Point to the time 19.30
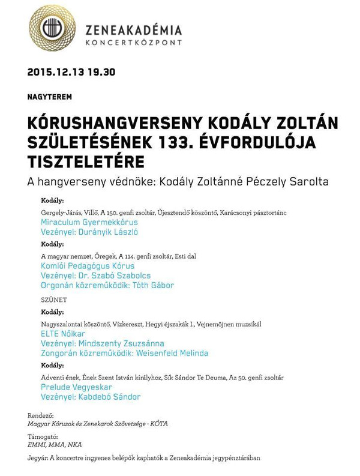pyautogui.click(x=101, y=73)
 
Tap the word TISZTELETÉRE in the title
pyautogui.click(x=86, y=162)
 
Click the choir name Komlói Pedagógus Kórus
pyautogui.click(x=88, y=266)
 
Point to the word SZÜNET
pyautogui.click(x=54, y=300)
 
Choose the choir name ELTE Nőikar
pyautogui.click(x=63, y=333)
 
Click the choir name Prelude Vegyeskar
pyautogui.click(x=77, y=388)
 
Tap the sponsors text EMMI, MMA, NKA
pyautogui.click(x=55, y=445)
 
